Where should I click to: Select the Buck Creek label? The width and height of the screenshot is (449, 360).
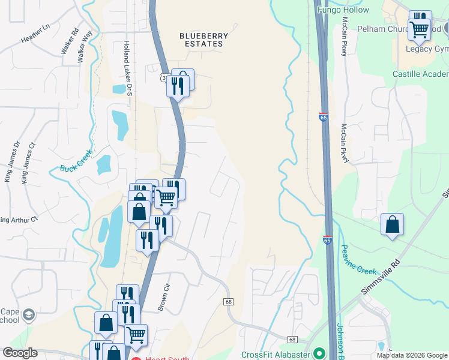(76, 160)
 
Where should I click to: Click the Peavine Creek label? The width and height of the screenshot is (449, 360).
(359, 259)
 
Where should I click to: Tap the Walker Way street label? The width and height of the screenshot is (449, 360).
(85, 46)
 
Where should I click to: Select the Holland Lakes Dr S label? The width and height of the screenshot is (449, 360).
(127, 65)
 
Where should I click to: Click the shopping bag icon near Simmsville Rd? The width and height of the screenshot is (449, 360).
(392, 225)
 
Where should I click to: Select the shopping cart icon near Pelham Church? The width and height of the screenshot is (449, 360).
(419, 28)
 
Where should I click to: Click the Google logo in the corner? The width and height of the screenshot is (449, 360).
(20, 353)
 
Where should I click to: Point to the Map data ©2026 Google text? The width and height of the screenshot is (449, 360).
(412, 355)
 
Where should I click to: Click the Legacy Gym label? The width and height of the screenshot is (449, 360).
(427, 49)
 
